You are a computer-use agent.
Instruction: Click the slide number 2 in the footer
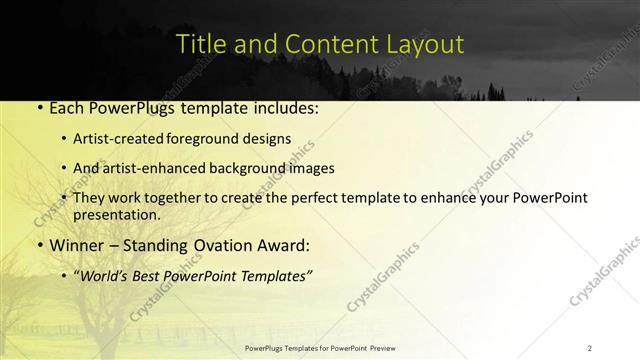click(x=590, y=348)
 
